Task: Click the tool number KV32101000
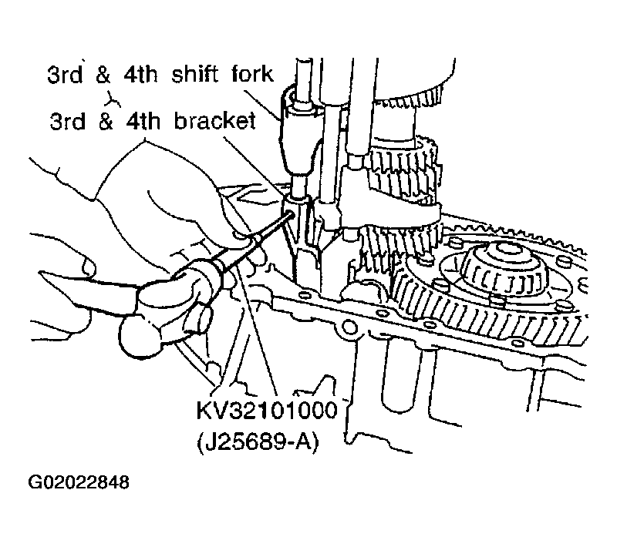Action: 267,411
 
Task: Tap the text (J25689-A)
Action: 258,442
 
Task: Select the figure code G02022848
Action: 79,482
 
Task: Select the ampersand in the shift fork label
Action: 103,74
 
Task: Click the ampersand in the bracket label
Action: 106,121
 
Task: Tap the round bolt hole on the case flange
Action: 350,327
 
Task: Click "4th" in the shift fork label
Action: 140,74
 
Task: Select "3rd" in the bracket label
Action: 67,121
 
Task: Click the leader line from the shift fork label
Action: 263,104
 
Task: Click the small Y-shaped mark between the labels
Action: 113,99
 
